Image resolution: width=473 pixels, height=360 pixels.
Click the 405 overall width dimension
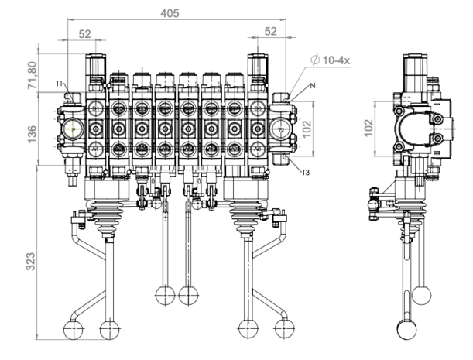coord(179,12)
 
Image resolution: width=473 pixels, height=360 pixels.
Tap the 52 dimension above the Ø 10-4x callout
coord(270,32)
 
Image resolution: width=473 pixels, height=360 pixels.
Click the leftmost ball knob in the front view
coord(71,330)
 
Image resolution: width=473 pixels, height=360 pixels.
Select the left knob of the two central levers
coord(163,295)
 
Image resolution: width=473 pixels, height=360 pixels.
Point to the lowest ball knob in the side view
coord(406,329)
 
